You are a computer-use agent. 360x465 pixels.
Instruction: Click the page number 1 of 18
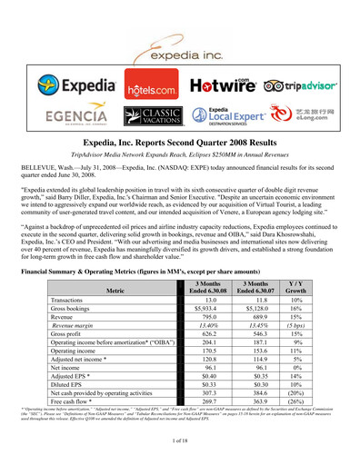pyautogui.click(x=180, y=440)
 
